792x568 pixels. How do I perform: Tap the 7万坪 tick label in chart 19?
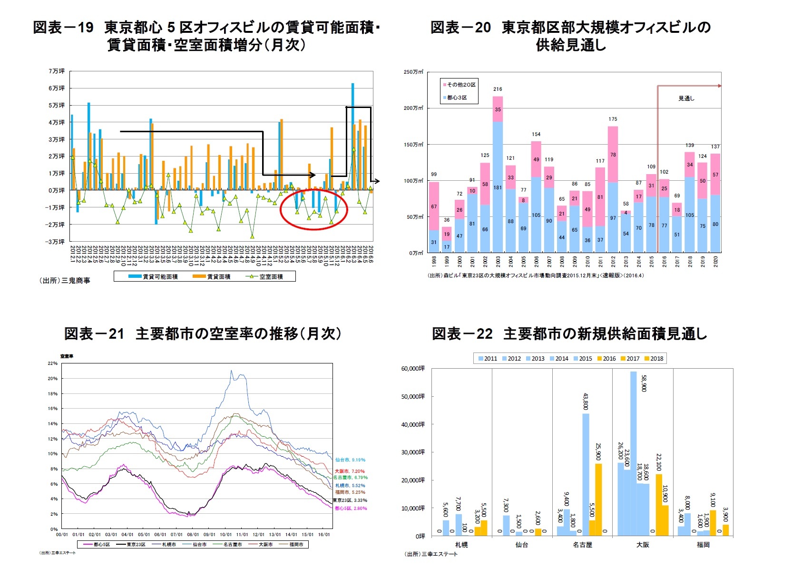click(56, 71)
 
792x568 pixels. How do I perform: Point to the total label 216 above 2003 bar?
click(498, 89)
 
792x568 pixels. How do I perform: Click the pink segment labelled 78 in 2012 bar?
click(613, 155)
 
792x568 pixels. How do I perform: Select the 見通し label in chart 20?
click(686, 98)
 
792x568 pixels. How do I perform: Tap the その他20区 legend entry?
click(460, 85)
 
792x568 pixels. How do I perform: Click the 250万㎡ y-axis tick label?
click(413, 72)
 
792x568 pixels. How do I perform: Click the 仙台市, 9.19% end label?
click(350, 460)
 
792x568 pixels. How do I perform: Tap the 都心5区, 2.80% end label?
click(351, 509)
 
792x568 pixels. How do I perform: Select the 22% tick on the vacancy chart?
click(52, 363)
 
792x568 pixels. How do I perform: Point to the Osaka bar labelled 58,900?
click(633, 452)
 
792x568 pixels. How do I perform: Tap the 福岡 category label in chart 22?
click(703, 545)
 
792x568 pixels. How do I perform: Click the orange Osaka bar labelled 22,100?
click(659, 504)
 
